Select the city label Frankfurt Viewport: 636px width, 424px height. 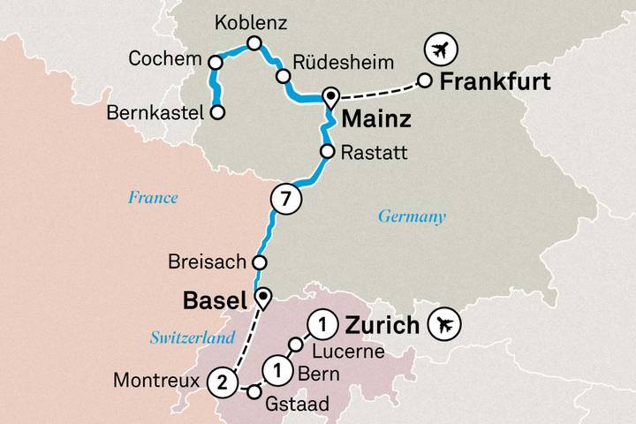[x=495, y=82]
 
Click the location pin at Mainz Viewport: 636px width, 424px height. [x=331, y=96]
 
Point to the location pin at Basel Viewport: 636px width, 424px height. [x=261, y=298]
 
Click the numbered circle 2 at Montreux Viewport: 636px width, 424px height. [x=223, y=382]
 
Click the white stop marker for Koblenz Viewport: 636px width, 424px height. [x=254, y=43]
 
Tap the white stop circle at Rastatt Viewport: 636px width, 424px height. [x=326, y=152]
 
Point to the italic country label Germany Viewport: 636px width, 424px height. [x=412, y=216]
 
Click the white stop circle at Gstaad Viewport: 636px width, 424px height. [x=254, y=390]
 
